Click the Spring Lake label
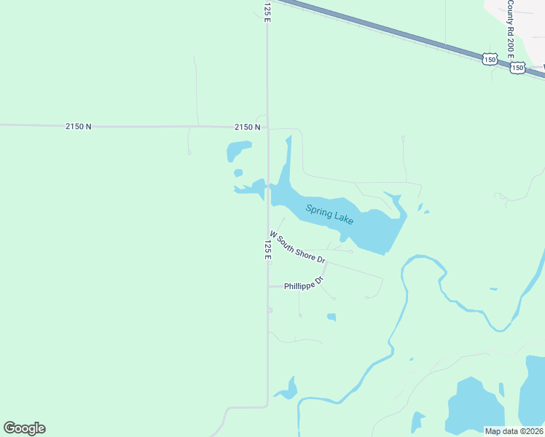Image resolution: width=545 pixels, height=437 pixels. point(329,214)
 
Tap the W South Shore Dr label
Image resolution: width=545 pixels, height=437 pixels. point(297,247)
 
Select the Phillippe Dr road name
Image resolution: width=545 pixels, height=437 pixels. point(303,283)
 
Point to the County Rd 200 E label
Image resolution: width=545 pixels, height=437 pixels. point(511,30)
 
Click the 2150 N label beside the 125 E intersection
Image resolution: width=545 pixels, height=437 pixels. point(248,127)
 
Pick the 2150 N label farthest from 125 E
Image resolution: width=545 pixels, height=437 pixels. point(78,126)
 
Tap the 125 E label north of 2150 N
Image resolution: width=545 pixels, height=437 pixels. point(267,11)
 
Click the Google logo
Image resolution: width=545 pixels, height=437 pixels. point(24,428)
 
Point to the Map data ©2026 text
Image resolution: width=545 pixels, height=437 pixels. point(514,431)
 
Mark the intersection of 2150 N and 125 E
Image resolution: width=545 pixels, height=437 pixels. point(267,127)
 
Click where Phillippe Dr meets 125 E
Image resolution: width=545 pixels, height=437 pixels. point(267,286)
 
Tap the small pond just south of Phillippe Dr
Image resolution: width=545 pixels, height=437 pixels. point(332,317)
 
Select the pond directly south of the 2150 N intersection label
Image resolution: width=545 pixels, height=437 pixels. point(238,151)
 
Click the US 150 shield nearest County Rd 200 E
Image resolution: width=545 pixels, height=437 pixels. point(517,67)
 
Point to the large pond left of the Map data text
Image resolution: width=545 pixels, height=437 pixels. point(474,406)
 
